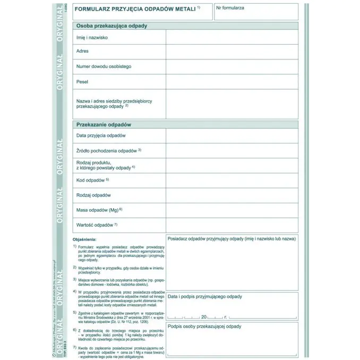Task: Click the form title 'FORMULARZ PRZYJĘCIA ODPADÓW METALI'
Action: pyautogui.click(x=136, y=8)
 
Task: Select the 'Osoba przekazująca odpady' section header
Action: pyautogui.click(x=112, y=25)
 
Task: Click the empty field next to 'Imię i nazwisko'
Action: pyautogui.click(x=232, y=37)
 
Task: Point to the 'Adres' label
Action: pyautogui.click(x=82, y=52)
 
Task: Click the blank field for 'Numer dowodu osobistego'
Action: pyautogui.click(x=232, y=66)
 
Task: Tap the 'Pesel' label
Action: pyautogui.click(x=82, y=82)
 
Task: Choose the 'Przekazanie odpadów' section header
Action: pyautogui.click(x=104, y=124)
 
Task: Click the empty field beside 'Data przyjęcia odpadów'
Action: pyautogui.click(x=232, y=136)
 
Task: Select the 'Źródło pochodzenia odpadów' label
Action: pyautogui.click(x=108, y=150)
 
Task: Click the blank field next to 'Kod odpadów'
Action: pyautogui.click(x=232, y=181)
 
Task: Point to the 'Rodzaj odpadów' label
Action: pyautogui.click(x=94, y=195)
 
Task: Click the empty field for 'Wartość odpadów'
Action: pyautogui.click(x=232, y=225)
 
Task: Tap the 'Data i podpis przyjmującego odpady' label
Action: pyautogui.click(x=205, y=296)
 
